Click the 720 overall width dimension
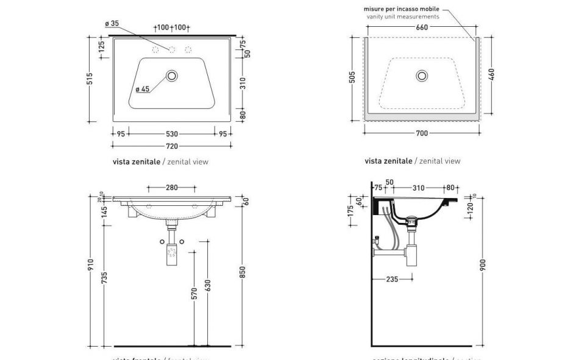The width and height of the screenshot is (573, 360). pyautogui.click(x=172, y=146)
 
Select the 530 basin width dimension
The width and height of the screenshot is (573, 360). pyautogui.click(x=172, y=134)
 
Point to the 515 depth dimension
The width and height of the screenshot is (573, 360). pyautogui.click(x=90, y=79)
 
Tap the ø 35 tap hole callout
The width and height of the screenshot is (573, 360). pyautogui.click(x=112, y=24)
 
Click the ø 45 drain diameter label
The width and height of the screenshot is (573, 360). pyautogui.click(x=143, y=90)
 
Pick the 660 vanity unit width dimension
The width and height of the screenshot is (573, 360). pyautogui.click(x=421, y=27)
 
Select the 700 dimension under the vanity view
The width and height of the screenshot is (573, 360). pyautogui.click(x=421, y=133)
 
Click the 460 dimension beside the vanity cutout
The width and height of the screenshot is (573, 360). pyautogui.click(x=491, y=74)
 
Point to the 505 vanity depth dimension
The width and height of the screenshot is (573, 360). pyautogui.click(x=352, y=79)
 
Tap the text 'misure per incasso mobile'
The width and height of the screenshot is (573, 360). pyautogui.click(x=401, y=9)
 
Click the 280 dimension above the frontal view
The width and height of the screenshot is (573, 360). pyautogui.click(x=172, y=188)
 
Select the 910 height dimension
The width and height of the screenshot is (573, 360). pyautogui.click(x=90, y=265)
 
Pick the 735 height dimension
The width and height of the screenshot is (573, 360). pyautogui.click(x=104, y=278)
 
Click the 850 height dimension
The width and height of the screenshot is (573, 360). pyautogui.click(x=243, y=272)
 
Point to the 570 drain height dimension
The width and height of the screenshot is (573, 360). pyautogui.click(x=194, y=293)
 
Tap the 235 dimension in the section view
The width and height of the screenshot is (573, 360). pyautogui.click(x=393, y=280)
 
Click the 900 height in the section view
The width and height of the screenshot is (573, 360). pyautogui.click(x=483, y=265)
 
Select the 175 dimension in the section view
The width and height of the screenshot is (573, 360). pyautogui.click(x=351, y=210)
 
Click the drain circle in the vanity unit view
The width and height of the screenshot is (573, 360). pyautogui.click(x=422, y=76)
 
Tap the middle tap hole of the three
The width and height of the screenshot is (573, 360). pyautogui.click(x=172, y=50)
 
